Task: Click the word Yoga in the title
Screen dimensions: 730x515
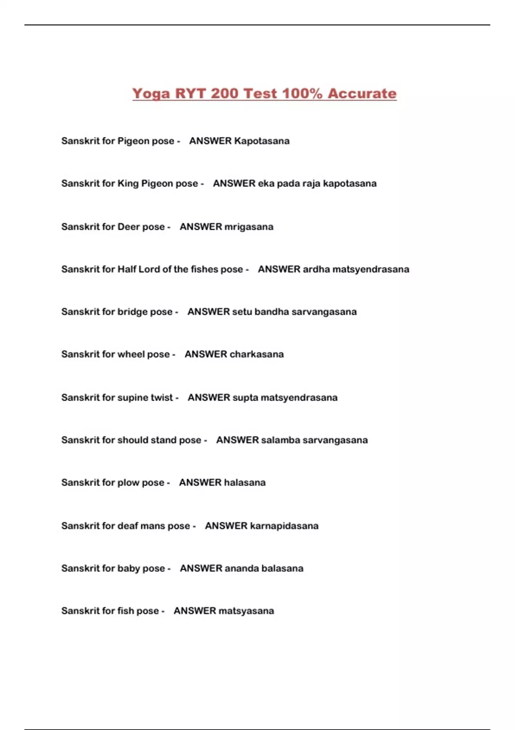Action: click(x=151, y=94)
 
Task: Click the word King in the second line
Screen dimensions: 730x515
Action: click(x=128, y=183)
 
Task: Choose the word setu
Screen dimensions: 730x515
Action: click(x=242, y=312)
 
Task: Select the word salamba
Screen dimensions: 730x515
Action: click(x=281, y=440)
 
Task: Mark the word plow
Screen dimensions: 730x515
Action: click(x=128, y=483)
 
